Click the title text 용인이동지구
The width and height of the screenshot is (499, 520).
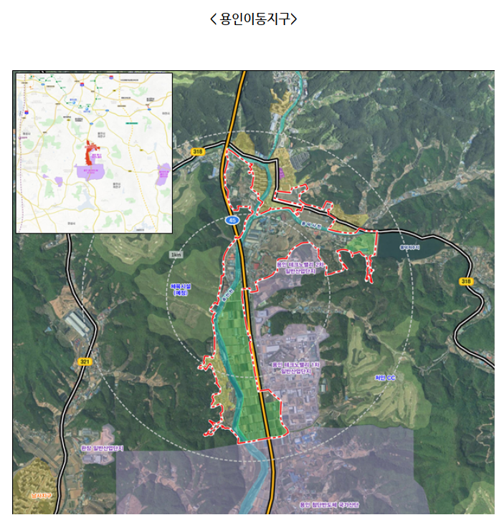click(x=253, y=19)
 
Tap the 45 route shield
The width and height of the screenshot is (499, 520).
click(x=232, y=221)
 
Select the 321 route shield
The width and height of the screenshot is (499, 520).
click(x=85, y=362)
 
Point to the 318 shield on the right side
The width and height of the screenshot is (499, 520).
click(x=467, y=281)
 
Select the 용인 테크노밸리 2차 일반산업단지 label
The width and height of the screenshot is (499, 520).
click(x=301, y=267)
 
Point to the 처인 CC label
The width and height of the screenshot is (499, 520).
click(x=385, y=377)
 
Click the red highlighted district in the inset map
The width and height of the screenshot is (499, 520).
click(x=91, y=153)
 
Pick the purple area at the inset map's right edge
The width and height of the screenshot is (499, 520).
click(x=164, y=173)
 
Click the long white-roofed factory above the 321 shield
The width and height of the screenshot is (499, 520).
click(x=77, y=324)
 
